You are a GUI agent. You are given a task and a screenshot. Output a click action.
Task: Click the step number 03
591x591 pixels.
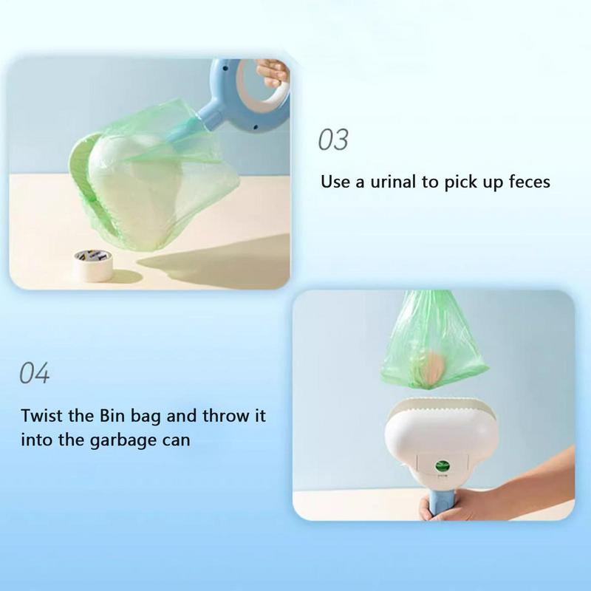coord(332,140)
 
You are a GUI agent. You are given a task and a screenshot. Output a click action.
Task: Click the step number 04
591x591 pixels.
coord(34,374)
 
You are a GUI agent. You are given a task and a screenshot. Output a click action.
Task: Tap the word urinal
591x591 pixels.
coord(394,182)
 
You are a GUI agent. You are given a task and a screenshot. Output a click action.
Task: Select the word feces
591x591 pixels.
coord(526,182)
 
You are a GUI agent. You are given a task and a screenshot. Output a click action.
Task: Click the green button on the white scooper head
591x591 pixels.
coord(443,466)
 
